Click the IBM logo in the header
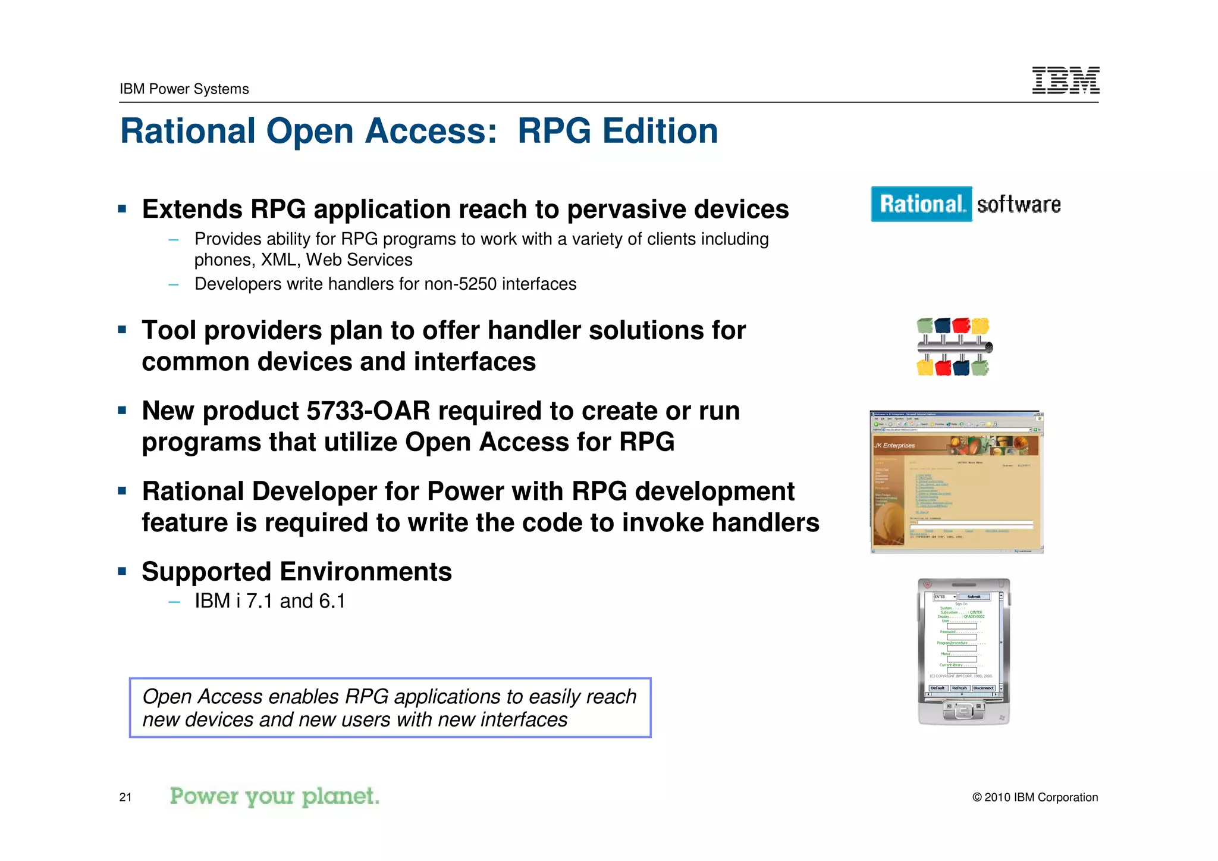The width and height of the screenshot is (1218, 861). tap(1065, 80)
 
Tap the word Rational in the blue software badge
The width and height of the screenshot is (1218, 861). tap(921, 204)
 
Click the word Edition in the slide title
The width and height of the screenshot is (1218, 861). tap(660, 131)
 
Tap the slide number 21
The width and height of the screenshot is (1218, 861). tap(125, 797)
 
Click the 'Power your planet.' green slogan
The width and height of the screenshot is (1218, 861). tap(274, 796)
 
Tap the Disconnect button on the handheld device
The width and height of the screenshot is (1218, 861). tap(984, 688)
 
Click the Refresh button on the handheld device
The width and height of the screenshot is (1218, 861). tap(959, 688)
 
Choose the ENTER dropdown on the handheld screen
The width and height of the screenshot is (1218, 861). tap(944, 597)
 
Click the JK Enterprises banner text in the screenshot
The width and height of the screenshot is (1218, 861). tap(894, 445)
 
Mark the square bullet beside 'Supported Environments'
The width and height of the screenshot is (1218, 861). tap(123, 572)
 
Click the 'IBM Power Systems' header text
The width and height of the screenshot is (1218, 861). tap(184, 89)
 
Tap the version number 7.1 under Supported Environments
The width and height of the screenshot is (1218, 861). tap(260, 602)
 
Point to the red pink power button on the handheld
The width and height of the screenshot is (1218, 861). tap(927, 585)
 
